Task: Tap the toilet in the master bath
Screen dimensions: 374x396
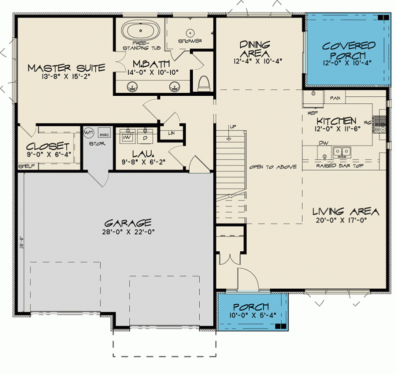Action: (x=203, y=83)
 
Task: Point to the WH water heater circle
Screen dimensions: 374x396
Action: (x=89, y=133)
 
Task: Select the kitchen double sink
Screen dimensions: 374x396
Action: (x=343, y=151)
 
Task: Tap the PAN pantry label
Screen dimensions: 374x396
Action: (x=335, y=99)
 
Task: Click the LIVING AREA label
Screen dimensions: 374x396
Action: (x=343, y=211)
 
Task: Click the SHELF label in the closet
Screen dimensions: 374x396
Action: (x=26, y=166)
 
